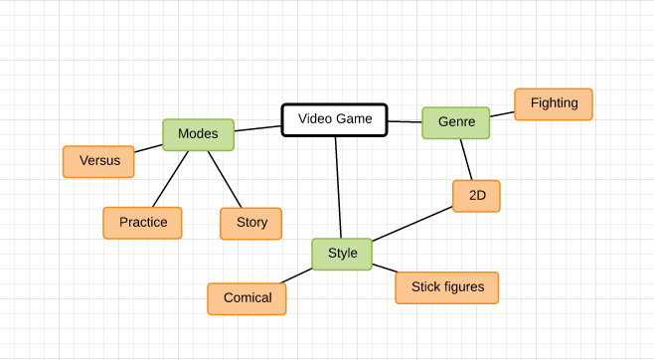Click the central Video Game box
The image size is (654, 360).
[334, 119]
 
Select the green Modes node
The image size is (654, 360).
[198, 134]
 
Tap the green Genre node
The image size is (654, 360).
[455, 122]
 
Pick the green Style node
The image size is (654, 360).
[342, 254]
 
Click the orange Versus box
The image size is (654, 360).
[98, 161]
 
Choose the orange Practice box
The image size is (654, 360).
[142, 223]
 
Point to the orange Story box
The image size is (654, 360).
[250, 223]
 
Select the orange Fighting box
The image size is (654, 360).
[553, 103]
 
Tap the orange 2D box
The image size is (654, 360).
[475, 196]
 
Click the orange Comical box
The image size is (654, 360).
[246, 298]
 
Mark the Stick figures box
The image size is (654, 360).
[446, 287]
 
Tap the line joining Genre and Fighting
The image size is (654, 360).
[502, 114]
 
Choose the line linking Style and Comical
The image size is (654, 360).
[297, 275]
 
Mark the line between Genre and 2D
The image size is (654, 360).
[465, 159]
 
